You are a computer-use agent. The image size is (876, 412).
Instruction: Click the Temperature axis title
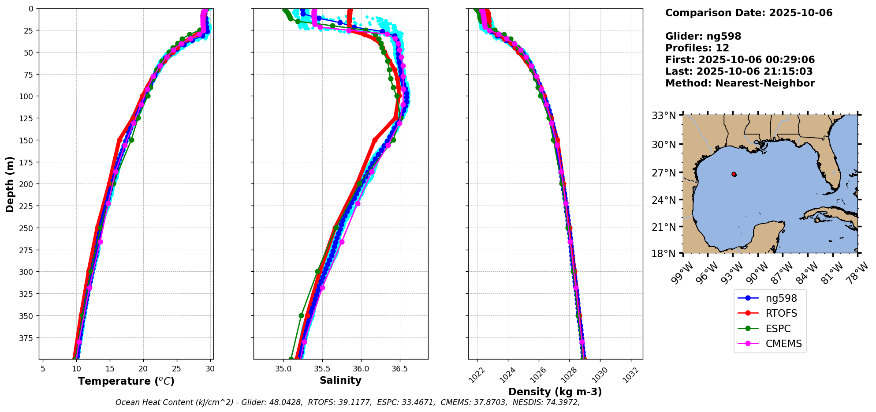pos(126,381)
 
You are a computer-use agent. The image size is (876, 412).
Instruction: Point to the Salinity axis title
pos(340,380)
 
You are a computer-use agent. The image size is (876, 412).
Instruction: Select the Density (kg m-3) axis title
pos(555,392)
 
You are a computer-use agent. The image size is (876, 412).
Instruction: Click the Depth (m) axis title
pos(10,184)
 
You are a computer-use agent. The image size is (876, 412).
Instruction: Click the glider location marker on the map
pos(734,174)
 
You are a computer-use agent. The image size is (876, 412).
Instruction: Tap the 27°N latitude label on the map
pos(664,172)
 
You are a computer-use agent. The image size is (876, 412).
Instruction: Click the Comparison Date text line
pos(749,13)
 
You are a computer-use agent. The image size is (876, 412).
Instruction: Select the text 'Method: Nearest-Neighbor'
pos(740,83)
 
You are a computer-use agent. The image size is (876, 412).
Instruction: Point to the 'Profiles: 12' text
pos(697,48)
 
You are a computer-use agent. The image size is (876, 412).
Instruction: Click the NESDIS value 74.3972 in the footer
pos(560,402)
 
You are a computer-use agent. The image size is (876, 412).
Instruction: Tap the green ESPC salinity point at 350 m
pos(302,315)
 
